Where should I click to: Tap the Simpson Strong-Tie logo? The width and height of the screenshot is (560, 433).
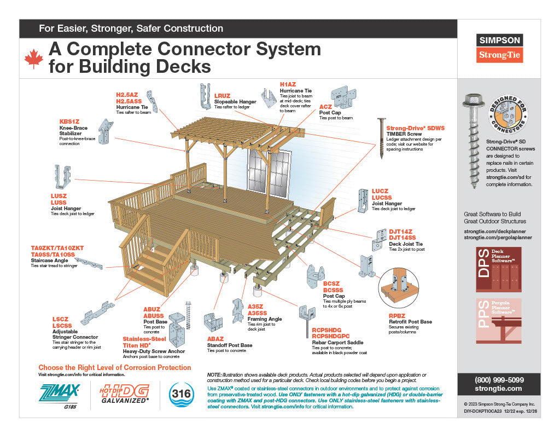[500, 48]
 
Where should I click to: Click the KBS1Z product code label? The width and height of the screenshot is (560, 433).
[69, 122]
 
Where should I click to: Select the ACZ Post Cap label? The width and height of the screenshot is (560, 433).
[325, 106]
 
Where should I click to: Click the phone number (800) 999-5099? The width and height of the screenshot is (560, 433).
[498, 379]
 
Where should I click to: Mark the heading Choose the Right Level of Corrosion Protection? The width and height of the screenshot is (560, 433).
[115, 367]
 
